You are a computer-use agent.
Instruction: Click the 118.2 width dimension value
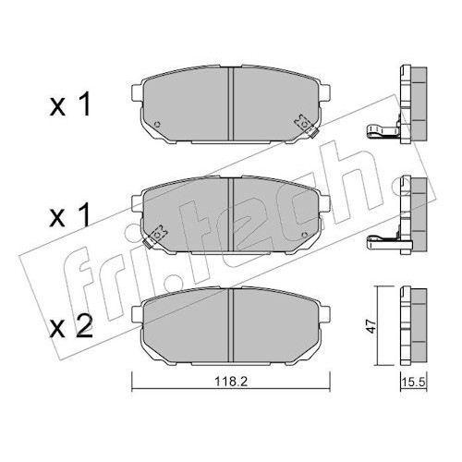[x=231, y=382]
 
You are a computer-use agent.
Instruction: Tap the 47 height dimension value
[x=371, y=326]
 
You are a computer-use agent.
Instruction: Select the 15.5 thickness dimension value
[x=413, y=383]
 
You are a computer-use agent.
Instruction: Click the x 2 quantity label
[x=71, y=328]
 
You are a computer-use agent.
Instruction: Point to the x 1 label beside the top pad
[x=70, y=104]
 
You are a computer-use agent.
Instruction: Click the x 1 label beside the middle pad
[x=70, y=215]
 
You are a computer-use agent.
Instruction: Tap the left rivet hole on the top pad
[x=157, y=124]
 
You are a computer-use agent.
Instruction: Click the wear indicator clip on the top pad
[x=306, y=126]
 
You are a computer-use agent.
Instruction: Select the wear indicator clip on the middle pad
[x=155, y=237]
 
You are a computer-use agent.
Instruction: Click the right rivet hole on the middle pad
[x=305, y=235]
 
